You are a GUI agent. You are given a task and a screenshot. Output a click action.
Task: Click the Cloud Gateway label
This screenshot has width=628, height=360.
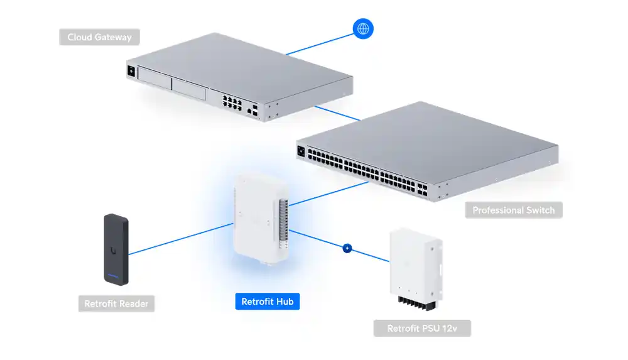pyautogui.click(x=100, y=37)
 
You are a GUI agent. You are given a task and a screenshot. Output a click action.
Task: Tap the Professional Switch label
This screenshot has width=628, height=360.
pyautogui.click(x=514, y=210)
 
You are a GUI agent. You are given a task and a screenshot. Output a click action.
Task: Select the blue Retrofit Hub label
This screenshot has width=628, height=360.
pyautogui.click(x=267, y=302)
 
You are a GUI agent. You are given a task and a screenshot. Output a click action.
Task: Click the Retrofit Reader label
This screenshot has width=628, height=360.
pyautogui.click(x=116, y=304)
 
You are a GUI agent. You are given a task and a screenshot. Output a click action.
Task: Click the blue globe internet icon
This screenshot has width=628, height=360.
pyautogui.click(x=363, y=28)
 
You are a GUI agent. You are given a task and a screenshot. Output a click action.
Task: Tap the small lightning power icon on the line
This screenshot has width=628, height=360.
pyautogui.click(x=347, y=248)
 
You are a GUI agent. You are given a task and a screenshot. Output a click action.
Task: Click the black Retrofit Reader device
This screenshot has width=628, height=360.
pyautogui.click(x=116, y=249)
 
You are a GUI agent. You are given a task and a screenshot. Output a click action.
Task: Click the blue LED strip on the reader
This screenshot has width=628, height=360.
pyautogui.click(x=114, y=276)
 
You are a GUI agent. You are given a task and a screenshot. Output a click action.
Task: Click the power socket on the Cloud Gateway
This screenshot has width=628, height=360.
pyautogui.click(x=131, y=71)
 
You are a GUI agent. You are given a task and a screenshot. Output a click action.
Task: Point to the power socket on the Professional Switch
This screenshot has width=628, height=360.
pyautogui.click(x=301, y=151)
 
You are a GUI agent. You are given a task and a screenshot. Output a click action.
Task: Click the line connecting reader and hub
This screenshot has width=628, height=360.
pyautogui.click(x=182, y=238)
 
